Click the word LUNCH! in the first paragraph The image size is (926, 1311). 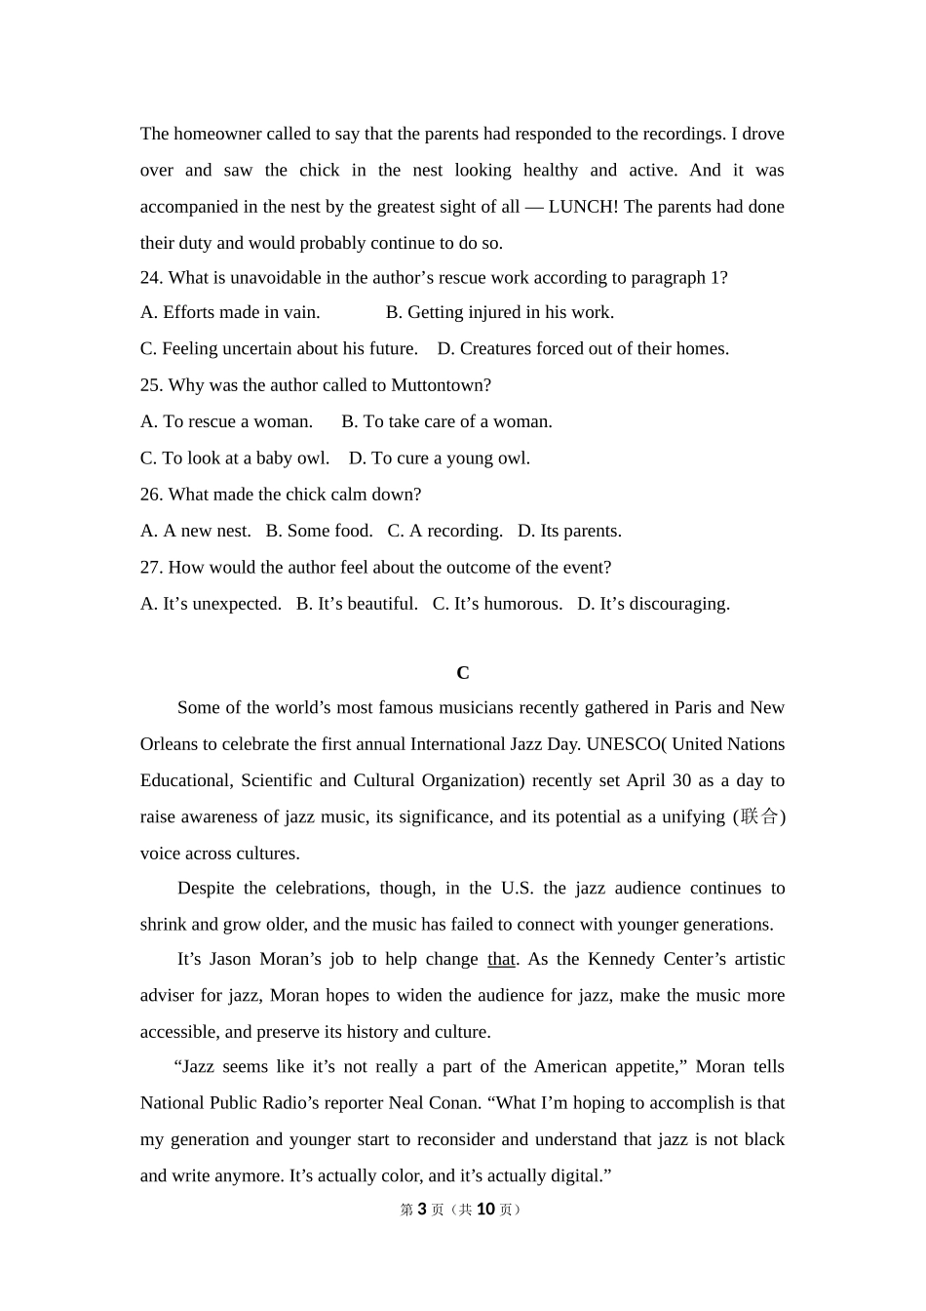click(583, 207)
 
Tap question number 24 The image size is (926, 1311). click(151, 278)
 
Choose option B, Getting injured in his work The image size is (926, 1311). click(500, 313)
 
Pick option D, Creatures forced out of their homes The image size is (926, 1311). click(583, 349)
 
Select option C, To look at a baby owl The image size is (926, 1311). click(235, 458)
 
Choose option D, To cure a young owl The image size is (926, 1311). click(440, 458)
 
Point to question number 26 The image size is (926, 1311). click(151, 495)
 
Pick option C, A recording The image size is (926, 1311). click(445, 532)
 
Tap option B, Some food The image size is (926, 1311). click(320, 532)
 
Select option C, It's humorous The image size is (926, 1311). click(497, 604)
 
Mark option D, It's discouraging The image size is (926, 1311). click(653, 604)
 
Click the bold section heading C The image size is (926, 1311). click(463, 673)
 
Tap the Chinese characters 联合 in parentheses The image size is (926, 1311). click(759, 816)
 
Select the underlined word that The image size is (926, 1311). click(501, 960)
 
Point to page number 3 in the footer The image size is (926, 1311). click(422, 1210)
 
